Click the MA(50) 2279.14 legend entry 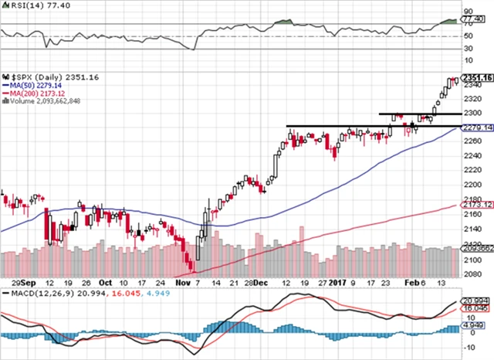tap(36, 86)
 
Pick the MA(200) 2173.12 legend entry tap(39, 94)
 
